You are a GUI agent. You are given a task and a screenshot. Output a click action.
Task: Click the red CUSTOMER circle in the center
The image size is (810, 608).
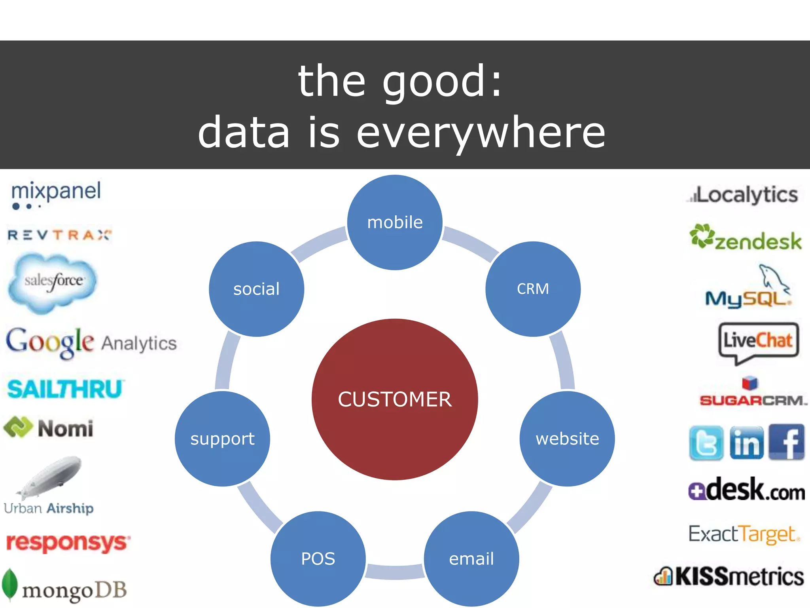point(395,399)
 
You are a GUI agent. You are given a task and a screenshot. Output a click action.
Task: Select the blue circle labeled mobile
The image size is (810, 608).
point(395,222)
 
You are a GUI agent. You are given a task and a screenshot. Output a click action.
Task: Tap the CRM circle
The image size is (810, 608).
point(533,289)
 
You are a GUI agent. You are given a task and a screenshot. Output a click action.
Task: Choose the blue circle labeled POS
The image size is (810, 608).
point(318,559)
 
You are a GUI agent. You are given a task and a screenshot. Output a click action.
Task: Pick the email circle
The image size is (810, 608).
point(471,559)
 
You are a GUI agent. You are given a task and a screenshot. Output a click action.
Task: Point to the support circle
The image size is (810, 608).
point(222,439)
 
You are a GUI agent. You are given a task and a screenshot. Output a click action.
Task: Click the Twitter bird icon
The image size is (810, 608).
point(706,443)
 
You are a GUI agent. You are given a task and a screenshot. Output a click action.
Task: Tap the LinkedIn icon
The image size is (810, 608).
point(746,443)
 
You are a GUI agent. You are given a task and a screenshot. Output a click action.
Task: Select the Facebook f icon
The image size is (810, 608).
point(787,442)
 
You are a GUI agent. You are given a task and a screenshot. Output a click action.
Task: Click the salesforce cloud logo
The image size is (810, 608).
point(53,282)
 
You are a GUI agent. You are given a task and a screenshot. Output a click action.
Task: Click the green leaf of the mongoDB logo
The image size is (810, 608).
point(9,584)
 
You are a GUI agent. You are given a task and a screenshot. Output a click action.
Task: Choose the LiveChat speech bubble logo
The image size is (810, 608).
point(758,342)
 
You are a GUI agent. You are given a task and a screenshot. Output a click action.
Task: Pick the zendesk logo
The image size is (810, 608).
point(746,237)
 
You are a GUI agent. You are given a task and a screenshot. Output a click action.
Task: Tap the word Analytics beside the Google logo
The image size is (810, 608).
point(139,343)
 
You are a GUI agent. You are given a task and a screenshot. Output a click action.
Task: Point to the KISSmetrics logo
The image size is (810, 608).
point(729,576)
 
